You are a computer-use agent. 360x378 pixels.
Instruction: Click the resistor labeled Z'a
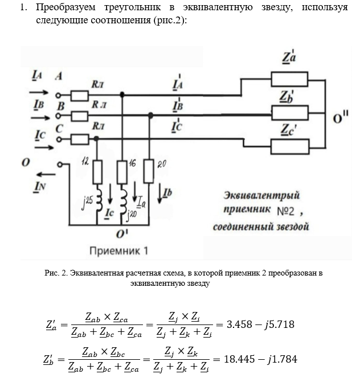point(290,77)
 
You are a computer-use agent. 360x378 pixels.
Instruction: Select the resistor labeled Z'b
point(290,112)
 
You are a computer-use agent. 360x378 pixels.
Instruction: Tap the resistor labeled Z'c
point(290,146)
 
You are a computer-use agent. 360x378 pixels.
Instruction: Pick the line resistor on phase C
point(80,138)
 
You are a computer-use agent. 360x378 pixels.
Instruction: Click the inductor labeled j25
point(97,200)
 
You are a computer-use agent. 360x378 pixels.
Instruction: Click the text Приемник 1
point(120,250)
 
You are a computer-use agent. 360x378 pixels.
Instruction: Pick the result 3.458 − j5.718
point(260,324)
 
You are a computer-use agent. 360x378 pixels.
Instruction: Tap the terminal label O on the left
point(26,163)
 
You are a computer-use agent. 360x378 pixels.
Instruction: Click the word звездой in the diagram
point(289,228)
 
